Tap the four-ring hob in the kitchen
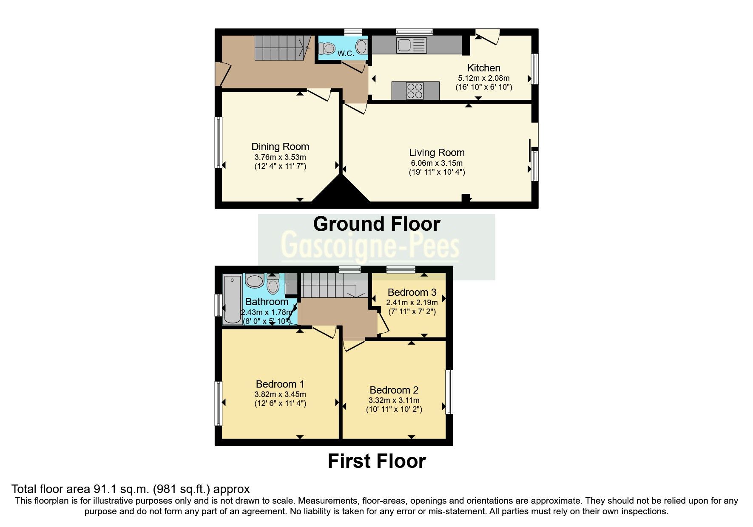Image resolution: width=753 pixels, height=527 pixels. click(x=415, y=90)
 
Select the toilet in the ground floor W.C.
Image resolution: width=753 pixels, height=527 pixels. click(x=328, y=49)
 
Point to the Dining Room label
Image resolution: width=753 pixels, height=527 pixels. click(x=280, y=147)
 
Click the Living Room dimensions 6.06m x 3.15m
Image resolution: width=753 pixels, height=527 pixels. click(x=437, y=163)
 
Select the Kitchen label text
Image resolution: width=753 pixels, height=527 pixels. click(x=483, y=68)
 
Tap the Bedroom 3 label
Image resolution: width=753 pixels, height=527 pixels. click(x=412, y=292)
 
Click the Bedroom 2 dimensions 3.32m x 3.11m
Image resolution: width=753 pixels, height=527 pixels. click(x=394, y=400)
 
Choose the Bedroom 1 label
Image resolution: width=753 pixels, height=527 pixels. click(x=280, y=384)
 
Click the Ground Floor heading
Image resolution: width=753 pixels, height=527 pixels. click(x=376, y=224)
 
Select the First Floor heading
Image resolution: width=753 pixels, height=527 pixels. click(x=376, y=462)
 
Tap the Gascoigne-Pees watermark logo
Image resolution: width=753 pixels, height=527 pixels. click(x=370, y=246)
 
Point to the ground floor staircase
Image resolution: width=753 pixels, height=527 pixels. click(x=281, y=48)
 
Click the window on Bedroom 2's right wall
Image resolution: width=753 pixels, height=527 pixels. click(x=449, y=392)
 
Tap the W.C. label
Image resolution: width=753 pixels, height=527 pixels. click(x=346, y=54)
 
